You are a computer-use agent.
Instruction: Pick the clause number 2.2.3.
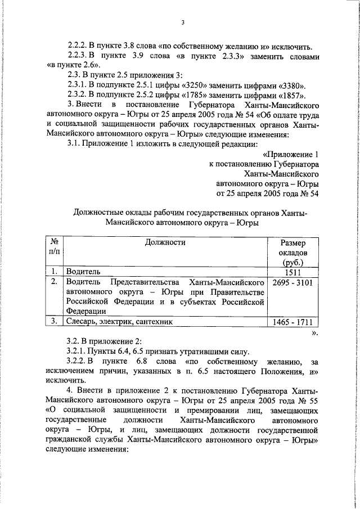click(x=79, y=56)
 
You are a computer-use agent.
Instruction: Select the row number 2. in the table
click(x=53, y=281)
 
